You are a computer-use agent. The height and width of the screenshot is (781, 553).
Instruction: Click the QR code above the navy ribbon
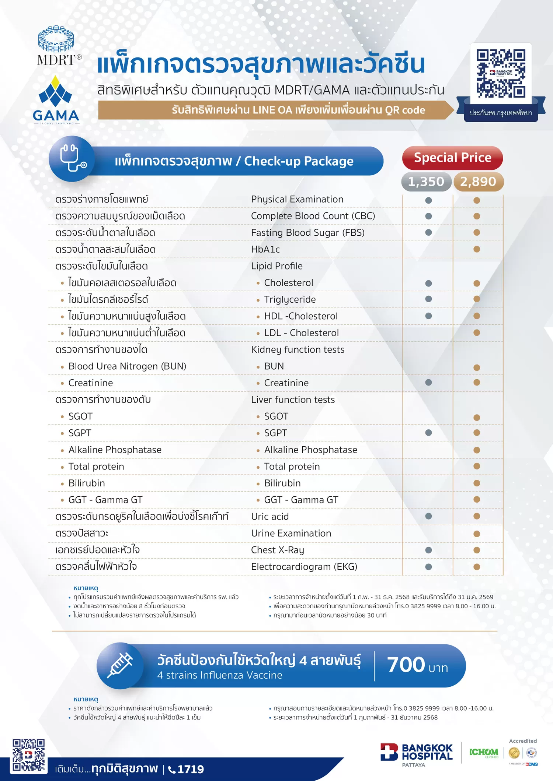[x=501, y=73]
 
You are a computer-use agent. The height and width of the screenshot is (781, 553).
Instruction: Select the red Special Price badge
[x=452, y=158]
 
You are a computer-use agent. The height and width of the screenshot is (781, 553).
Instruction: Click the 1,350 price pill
[x=426, y=182]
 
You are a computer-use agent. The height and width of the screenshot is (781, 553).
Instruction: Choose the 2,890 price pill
[x=478, y=182]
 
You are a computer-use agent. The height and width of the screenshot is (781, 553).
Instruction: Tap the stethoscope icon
[x=72, y=159]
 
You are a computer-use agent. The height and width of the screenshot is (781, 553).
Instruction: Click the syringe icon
[x=120, y=665]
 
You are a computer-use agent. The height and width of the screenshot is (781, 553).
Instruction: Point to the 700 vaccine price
[x=406, y=665]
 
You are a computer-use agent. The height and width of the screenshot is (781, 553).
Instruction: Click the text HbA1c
[x=265, y=249]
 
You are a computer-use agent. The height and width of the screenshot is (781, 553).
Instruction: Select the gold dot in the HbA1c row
[x=477, y=249]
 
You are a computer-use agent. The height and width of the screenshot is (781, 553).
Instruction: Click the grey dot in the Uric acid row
[x=428, y=516]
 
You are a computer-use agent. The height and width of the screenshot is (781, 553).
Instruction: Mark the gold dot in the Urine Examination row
[x=477, y=534]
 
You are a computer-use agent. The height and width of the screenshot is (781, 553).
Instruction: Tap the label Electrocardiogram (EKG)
[x=304, y=567]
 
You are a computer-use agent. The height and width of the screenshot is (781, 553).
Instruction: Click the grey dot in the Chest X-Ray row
[x=428, y=550]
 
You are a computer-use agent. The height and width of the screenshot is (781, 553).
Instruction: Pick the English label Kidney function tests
[x=298, y=349]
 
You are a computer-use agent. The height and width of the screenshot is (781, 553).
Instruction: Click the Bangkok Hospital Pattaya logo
[x=417, y=754]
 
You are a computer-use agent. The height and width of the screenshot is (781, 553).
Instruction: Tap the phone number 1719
[x=190, y=769]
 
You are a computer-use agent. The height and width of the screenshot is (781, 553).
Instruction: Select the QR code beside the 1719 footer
[x=29, y=755]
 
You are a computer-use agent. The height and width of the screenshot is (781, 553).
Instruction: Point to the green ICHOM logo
[x=484, y=752]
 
